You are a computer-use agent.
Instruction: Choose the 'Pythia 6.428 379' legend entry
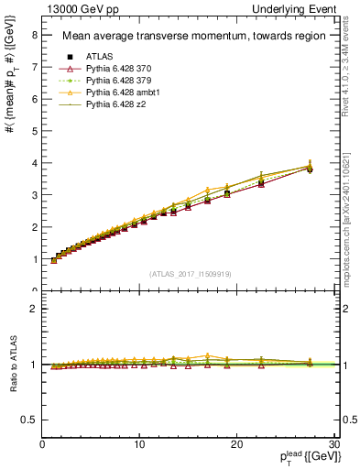pyautogui.click(x=124, y=81)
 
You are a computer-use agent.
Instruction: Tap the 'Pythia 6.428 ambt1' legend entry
pyautogui.click(x=128, y=93)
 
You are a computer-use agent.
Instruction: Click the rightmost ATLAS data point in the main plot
pyautogui.click(x=310, y=169)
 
